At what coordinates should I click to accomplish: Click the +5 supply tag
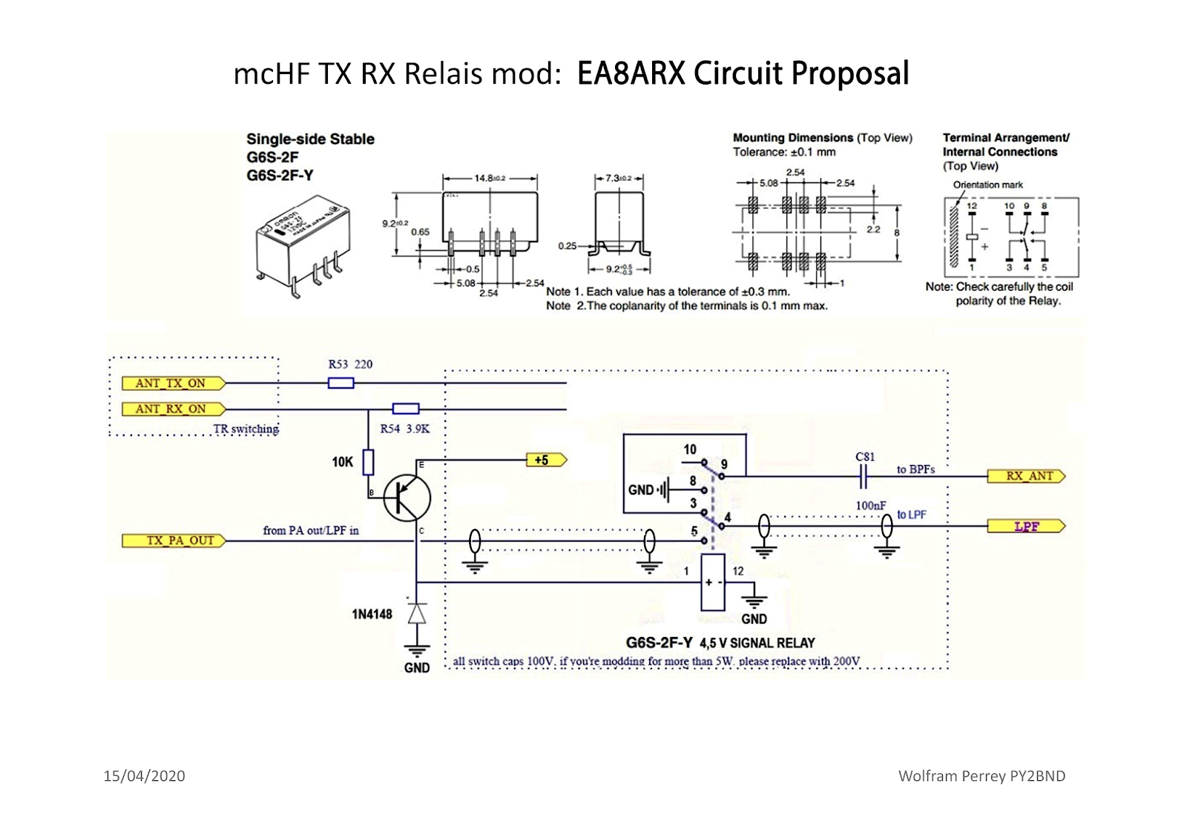point(545,461)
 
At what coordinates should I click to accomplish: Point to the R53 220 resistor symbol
point(341,383)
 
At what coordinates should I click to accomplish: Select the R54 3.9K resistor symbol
point(405,409)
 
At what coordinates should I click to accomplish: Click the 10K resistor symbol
point(368,463)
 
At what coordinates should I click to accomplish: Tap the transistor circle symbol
point(407,498)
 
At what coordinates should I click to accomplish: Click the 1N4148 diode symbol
point(417,614)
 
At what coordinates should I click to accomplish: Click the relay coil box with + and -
point(713,582)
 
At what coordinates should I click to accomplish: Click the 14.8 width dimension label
point(489,178)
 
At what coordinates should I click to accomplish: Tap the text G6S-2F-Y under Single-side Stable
point(280,176)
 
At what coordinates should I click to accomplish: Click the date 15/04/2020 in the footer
point(144,776)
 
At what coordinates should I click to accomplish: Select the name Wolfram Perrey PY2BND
point(982,776)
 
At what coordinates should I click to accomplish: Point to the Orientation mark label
point(987,185)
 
